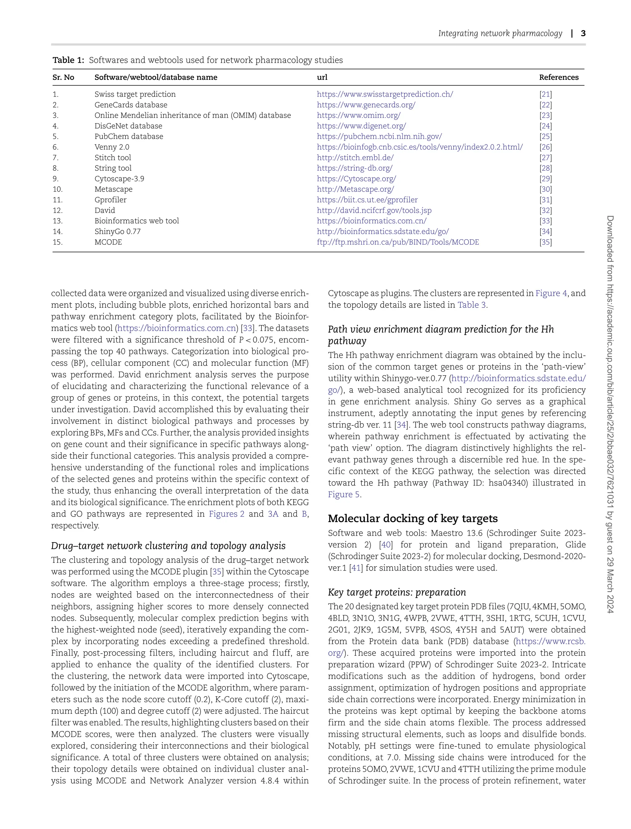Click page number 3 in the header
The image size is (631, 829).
click(583, 33)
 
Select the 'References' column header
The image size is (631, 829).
click(559, 77)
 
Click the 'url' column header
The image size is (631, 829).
click(322, 77)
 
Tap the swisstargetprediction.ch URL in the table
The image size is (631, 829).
click(385, 94)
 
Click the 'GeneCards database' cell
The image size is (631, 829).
click(131, 105)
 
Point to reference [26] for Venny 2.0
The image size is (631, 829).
click(545, 147)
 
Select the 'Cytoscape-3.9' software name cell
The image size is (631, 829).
click(119, 179)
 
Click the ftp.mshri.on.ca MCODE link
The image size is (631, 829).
click(398, 242)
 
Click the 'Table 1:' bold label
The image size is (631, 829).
click(68, 60)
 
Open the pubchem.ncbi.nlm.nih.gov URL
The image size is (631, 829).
click(379, 137)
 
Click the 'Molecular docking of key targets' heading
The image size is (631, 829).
click(413, 518)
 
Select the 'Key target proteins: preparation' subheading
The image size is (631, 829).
click(397, 592)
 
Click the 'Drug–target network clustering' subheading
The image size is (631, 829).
click(168, 546)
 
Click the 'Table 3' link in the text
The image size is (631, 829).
click(471, 305)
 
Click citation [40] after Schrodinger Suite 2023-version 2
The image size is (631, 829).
click(385, 545)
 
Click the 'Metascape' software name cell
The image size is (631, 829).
click(113, 189)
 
